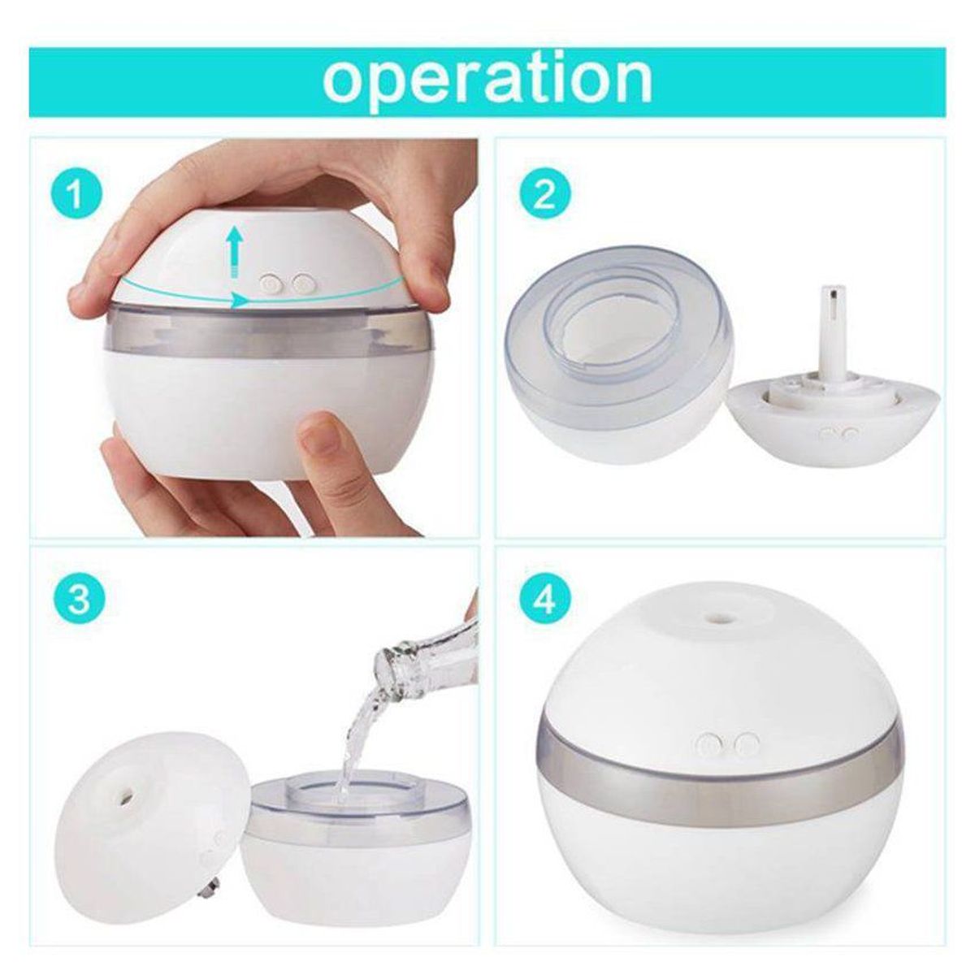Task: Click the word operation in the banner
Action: tap(487, 79)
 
